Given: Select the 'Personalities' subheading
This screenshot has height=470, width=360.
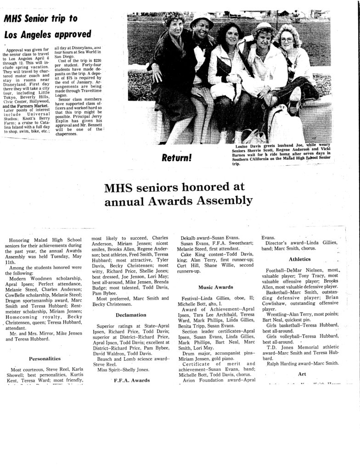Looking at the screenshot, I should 45,358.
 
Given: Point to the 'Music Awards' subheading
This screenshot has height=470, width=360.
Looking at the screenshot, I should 215,287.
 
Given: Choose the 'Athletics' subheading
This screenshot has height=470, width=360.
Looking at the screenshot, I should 300,259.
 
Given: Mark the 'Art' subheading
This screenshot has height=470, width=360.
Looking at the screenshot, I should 302,374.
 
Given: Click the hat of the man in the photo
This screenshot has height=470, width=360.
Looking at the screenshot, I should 201,21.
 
